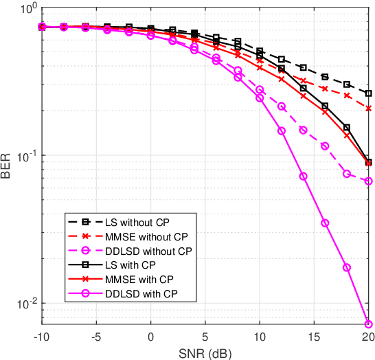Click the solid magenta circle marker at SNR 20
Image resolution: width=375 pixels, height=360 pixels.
(369, 324)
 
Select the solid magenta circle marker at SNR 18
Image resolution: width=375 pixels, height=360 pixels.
(347, 267)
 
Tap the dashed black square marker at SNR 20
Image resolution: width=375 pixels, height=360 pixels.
(369, 93)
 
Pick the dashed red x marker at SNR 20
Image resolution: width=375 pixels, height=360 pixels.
(369, 108)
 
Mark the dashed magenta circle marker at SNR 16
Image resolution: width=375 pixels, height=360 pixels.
(325, 146)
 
